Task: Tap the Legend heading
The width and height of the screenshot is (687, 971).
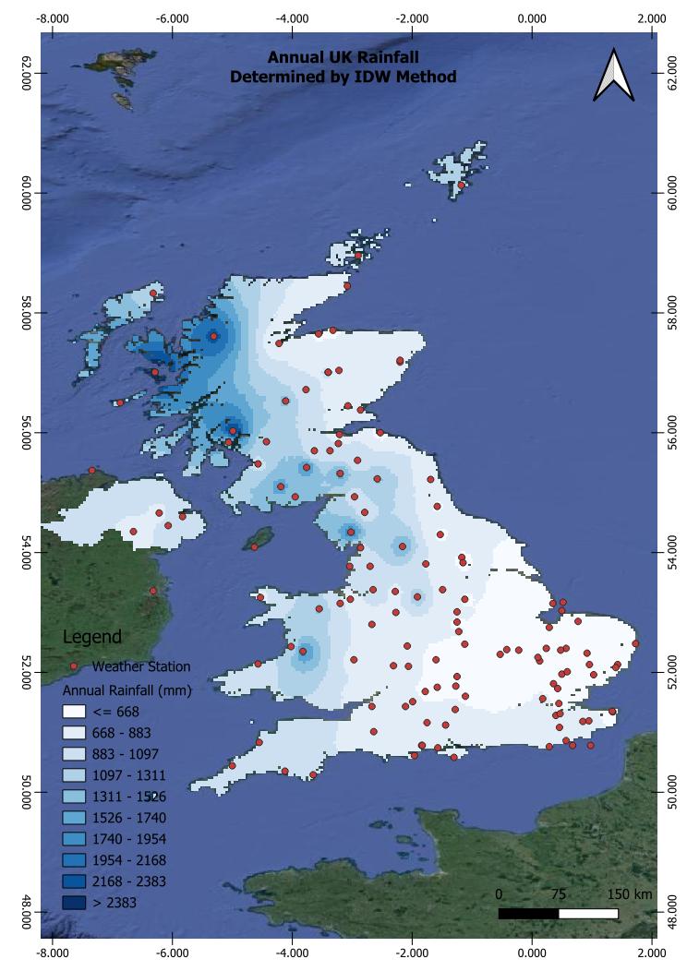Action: [91, 637]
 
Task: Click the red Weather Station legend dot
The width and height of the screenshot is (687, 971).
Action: [73, 666]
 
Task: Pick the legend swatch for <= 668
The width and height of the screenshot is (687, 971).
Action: [74, 712]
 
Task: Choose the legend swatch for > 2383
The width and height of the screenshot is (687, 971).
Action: [74, 903]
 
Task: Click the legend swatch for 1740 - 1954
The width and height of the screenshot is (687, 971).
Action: [74, 839]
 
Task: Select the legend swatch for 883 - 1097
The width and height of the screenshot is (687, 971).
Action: [74, 754]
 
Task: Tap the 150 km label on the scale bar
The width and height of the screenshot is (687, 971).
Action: [630, 894]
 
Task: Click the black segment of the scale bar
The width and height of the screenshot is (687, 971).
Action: [528, 914]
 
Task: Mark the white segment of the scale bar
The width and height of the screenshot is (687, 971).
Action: [588, 914]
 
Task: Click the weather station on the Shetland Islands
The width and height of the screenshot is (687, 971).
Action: [461, 186]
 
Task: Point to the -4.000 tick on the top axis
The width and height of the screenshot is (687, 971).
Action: [292, 18]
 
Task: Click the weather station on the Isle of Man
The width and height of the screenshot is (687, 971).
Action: [254, 547]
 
